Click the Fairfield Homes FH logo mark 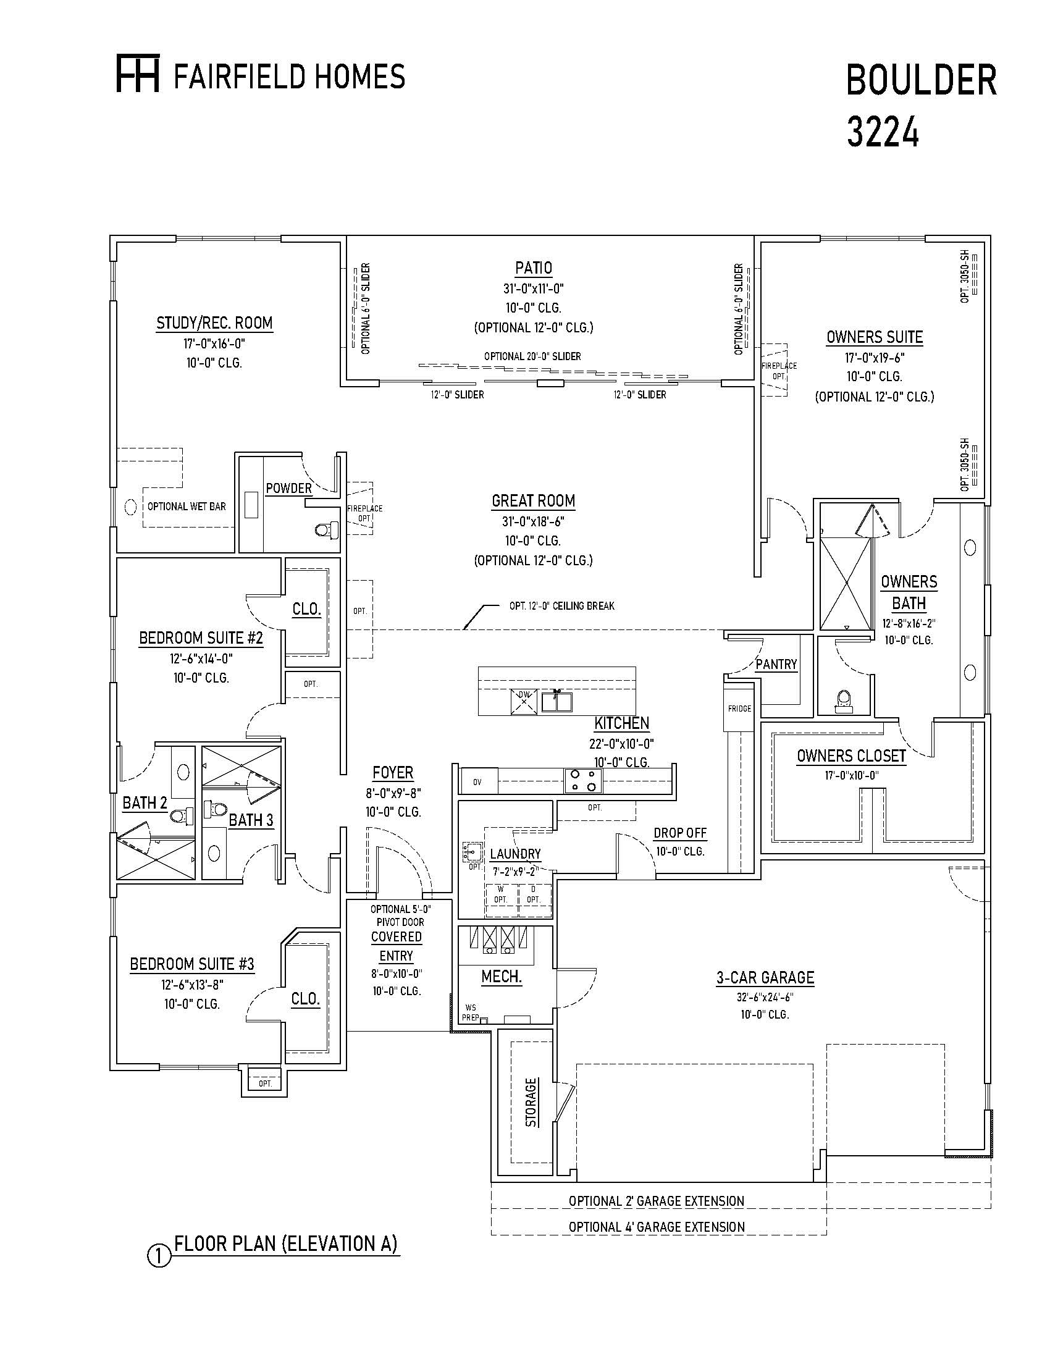138,74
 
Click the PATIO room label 533,268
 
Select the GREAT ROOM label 533,501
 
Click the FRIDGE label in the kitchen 739,708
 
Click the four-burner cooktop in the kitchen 584,781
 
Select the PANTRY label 776,665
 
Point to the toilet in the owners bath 844,700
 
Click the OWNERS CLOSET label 851,756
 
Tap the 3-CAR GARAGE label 765,978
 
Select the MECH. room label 502,977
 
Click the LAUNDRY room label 515,854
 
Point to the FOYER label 393,773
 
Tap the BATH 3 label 251,820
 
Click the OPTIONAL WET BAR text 187,507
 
